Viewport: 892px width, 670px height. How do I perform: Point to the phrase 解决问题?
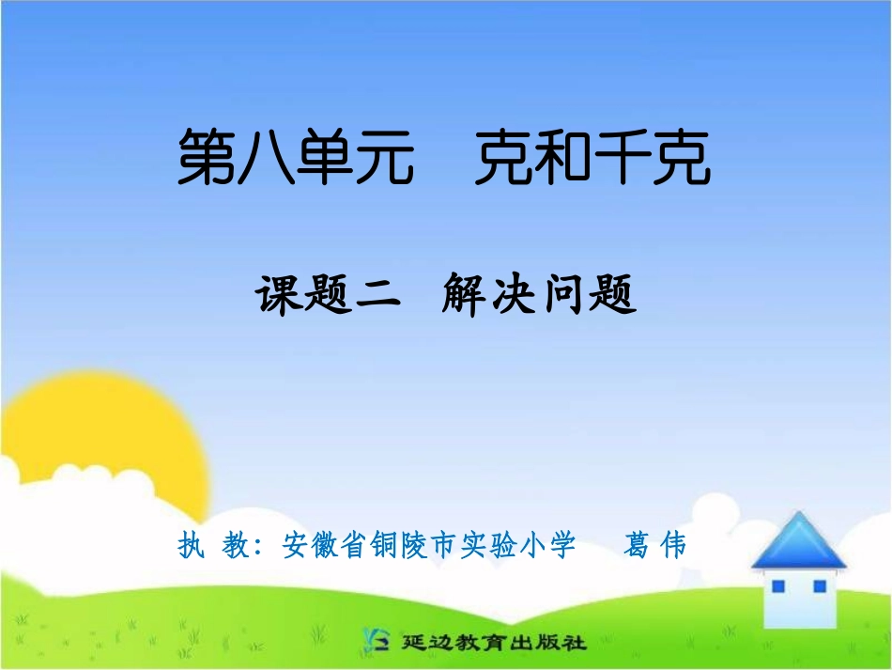coord(539,295)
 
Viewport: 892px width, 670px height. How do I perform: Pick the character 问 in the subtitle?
coord(563,295)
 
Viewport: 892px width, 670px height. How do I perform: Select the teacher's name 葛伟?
coord(654,545)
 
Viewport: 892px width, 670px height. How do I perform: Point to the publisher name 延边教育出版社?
coord(494,644)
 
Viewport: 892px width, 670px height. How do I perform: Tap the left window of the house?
coord(777,586)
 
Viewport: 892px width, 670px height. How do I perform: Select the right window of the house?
coord(819,586)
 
